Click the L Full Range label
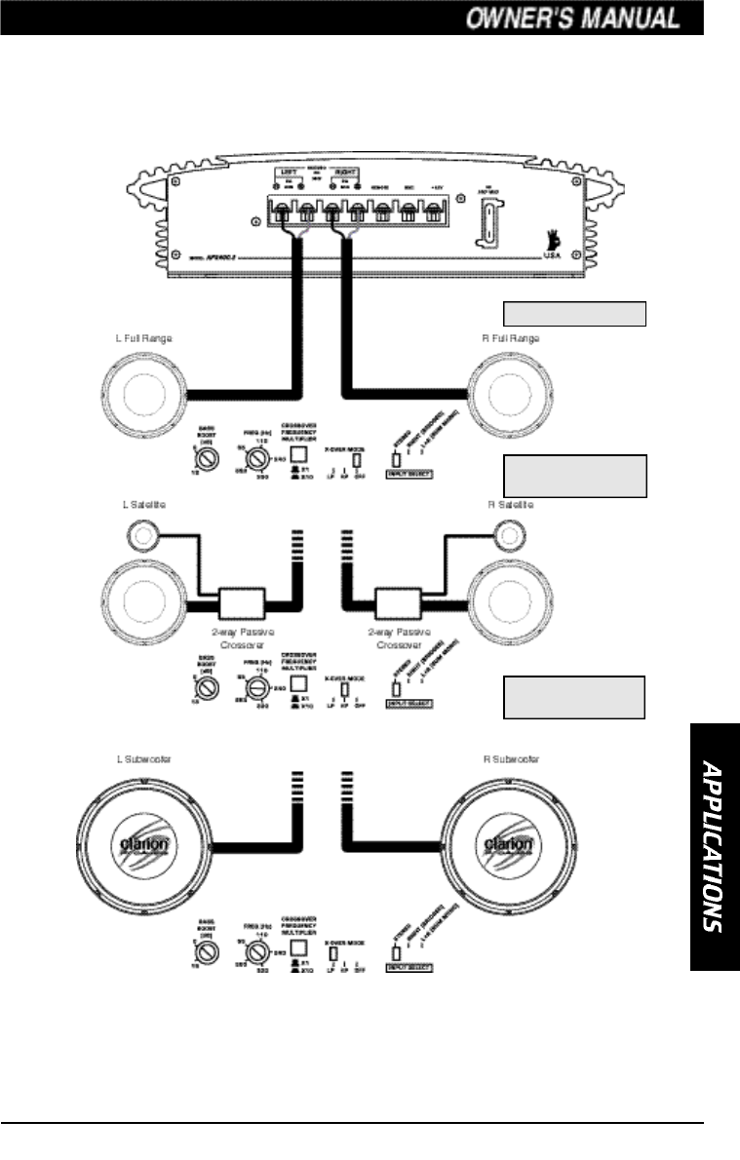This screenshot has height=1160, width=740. click(x=142, y=337)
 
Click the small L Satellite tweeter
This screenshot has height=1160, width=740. click(x=141, y=533)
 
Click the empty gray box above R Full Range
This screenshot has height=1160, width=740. click(x=574, y=313)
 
